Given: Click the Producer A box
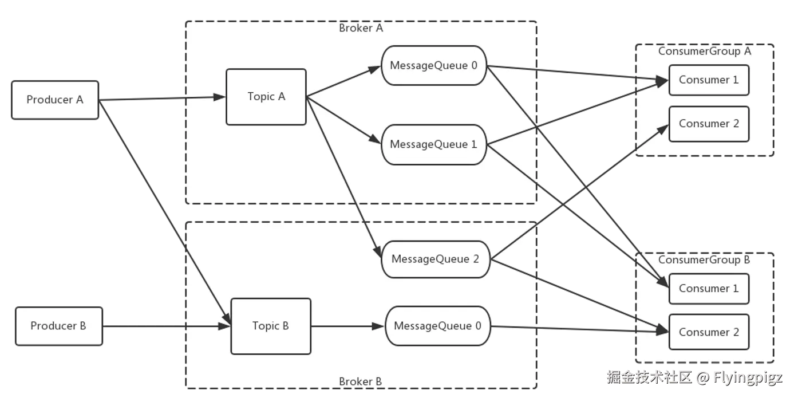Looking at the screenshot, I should [x=55, y=100].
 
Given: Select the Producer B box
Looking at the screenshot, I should [x=58, y=326].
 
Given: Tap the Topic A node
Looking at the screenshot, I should [x=266, y=97].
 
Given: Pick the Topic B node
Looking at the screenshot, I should [x=271, y=326].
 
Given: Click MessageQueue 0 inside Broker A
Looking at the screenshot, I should [x=433, y=65].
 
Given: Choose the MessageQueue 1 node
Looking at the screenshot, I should [x=433, y=144].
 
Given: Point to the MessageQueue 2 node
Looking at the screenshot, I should [x=435, y=259].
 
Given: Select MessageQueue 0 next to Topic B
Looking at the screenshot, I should [x=438, y=326].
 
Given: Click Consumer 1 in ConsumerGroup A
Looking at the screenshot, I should [x=709, y=80].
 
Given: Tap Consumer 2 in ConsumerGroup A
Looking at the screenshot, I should [x=709, y=124].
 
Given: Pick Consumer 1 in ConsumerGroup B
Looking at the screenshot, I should [x=709, y=288].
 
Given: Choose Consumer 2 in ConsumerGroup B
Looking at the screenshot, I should [x=709, y=332].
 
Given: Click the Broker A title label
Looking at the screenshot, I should [x=361, y=28].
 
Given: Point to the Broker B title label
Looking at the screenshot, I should [x=360, y=381].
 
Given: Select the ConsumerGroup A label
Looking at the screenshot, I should [x=704, y=51].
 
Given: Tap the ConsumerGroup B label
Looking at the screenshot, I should [x=704, y=259].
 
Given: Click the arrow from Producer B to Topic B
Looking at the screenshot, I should [x=166, y=327].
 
